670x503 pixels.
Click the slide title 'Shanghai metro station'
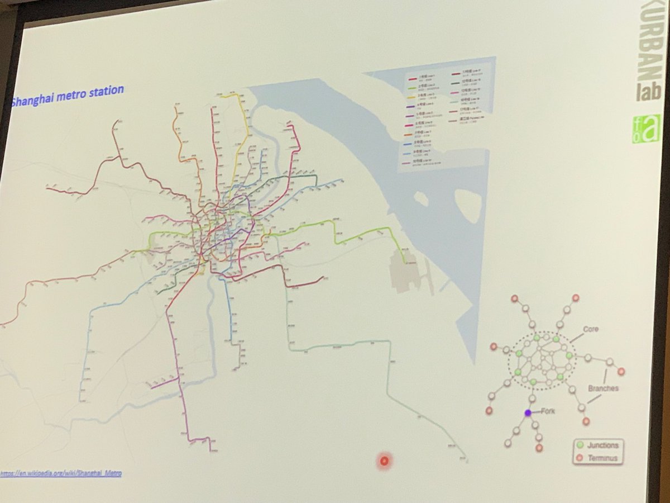67,94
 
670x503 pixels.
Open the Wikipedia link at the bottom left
61,473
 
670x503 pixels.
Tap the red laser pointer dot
384,461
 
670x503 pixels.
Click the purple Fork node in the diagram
528,412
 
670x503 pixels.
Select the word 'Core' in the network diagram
590,329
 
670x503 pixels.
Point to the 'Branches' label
603,388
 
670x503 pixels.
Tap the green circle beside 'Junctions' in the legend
580,445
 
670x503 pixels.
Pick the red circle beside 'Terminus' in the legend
580,458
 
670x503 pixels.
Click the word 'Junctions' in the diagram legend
603,445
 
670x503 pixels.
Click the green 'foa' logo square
646,129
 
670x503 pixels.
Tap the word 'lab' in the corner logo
648,89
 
